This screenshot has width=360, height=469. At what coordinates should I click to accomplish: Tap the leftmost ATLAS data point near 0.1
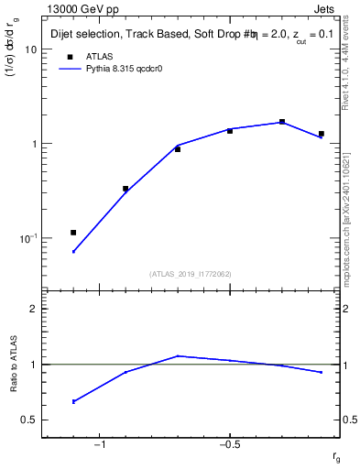[73, 233]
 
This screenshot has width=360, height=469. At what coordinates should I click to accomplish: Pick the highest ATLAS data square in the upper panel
[282, 122]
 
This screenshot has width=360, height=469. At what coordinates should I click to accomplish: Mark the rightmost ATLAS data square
[321, 134]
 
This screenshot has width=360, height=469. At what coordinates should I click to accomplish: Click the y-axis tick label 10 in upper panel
[29, 50]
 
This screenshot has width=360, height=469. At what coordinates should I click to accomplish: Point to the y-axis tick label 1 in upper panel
[33, 145]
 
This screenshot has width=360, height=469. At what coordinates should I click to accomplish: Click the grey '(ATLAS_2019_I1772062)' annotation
[190, 274]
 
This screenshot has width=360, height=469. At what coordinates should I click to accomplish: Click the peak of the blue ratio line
[178, 355]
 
